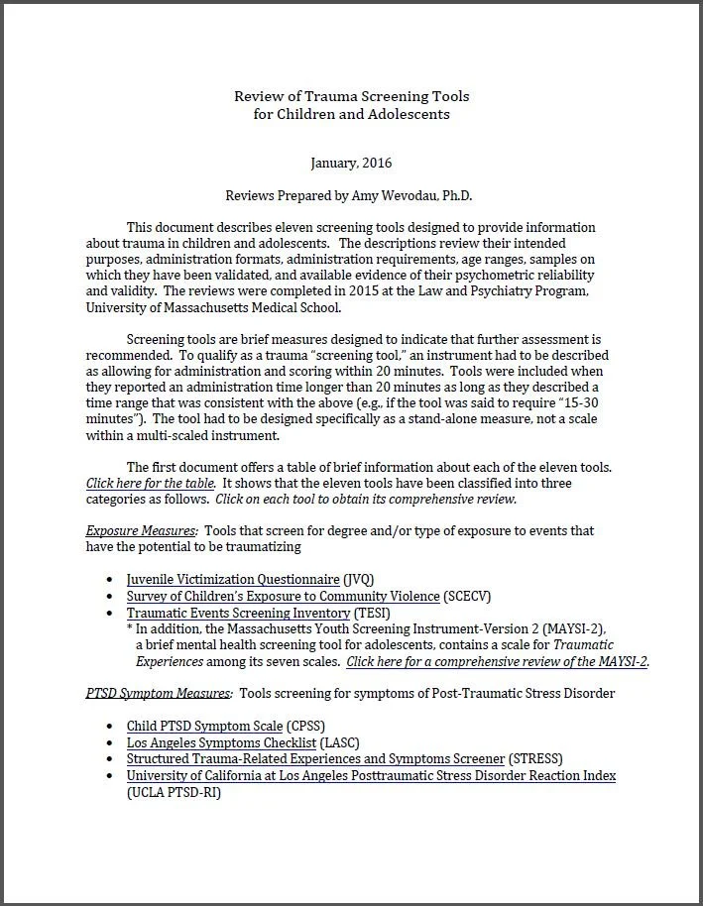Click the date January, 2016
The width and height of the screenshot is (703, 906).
point(351,162)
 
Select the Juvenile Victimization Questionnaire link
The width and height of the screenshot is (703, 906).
point(232,579)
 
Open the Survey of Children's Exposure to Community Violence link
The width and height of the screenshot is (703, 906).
point(283,596)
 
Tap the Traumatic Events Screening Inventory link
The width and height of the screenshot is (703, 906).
point(238,613)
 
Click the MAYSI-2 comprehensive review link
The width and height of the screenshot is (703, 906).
point(498,661)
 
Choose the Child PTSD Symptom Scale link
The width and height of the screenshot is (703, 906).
point(204,726)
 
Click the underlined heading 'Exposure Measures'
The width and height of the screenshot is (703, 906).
point(140,531)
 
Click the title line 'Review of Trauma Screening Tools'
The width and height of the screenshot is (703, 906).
point(351,97)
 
